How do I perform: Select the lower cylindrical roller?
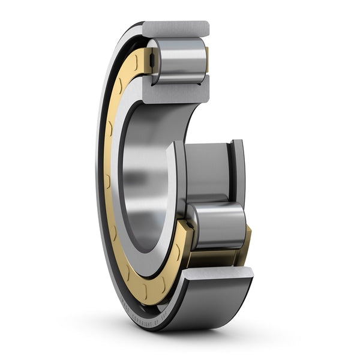point(217,225)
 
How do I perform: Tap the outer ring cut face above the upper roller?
point(175,28)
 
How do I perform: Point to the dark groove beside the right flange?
point(230,171)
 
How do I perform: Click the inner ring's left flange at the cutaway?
point(179,180)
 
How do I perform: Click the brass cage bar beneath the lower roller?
point(216,258)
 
